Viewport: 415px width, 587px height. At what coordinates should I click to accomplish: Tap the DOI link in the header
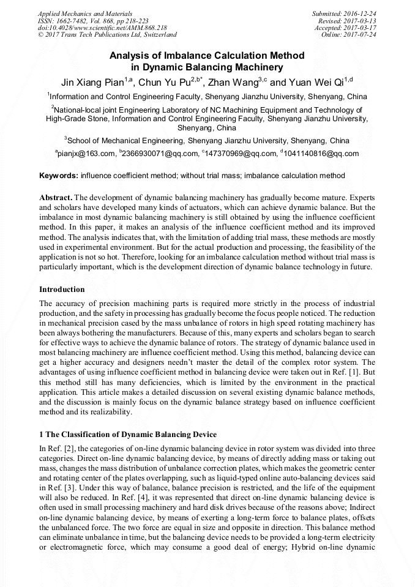pyautogui.click(x=102, y=28)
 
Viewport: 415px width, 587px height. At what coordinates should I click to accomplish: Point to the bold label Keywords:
pyautogui.click(x=59, y=176)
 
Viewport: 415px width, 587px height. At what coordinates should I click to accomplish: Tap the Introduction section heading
pyautogui.click(x=62, y=289)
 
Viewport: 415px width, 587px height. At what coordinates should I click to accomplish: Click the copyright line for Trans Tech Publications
pyautogui.click(x=107, y=35)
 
